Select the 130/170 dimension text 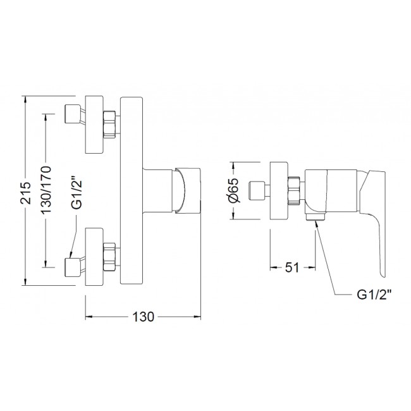[x=46, y=190]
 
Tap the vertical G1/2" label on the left [x=77, y=190]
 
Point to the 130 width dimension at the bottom [x=143, y=317]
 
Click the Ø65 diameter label [x=233, y=190]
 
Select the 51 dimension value [x=292, y=267]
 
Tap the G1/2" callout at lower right [x=374, y=295]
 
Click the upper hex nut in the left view [x=109, y=125]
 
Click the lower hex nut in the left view [x=109, y=257]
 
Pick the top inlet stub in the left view [x=73, y=114]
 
